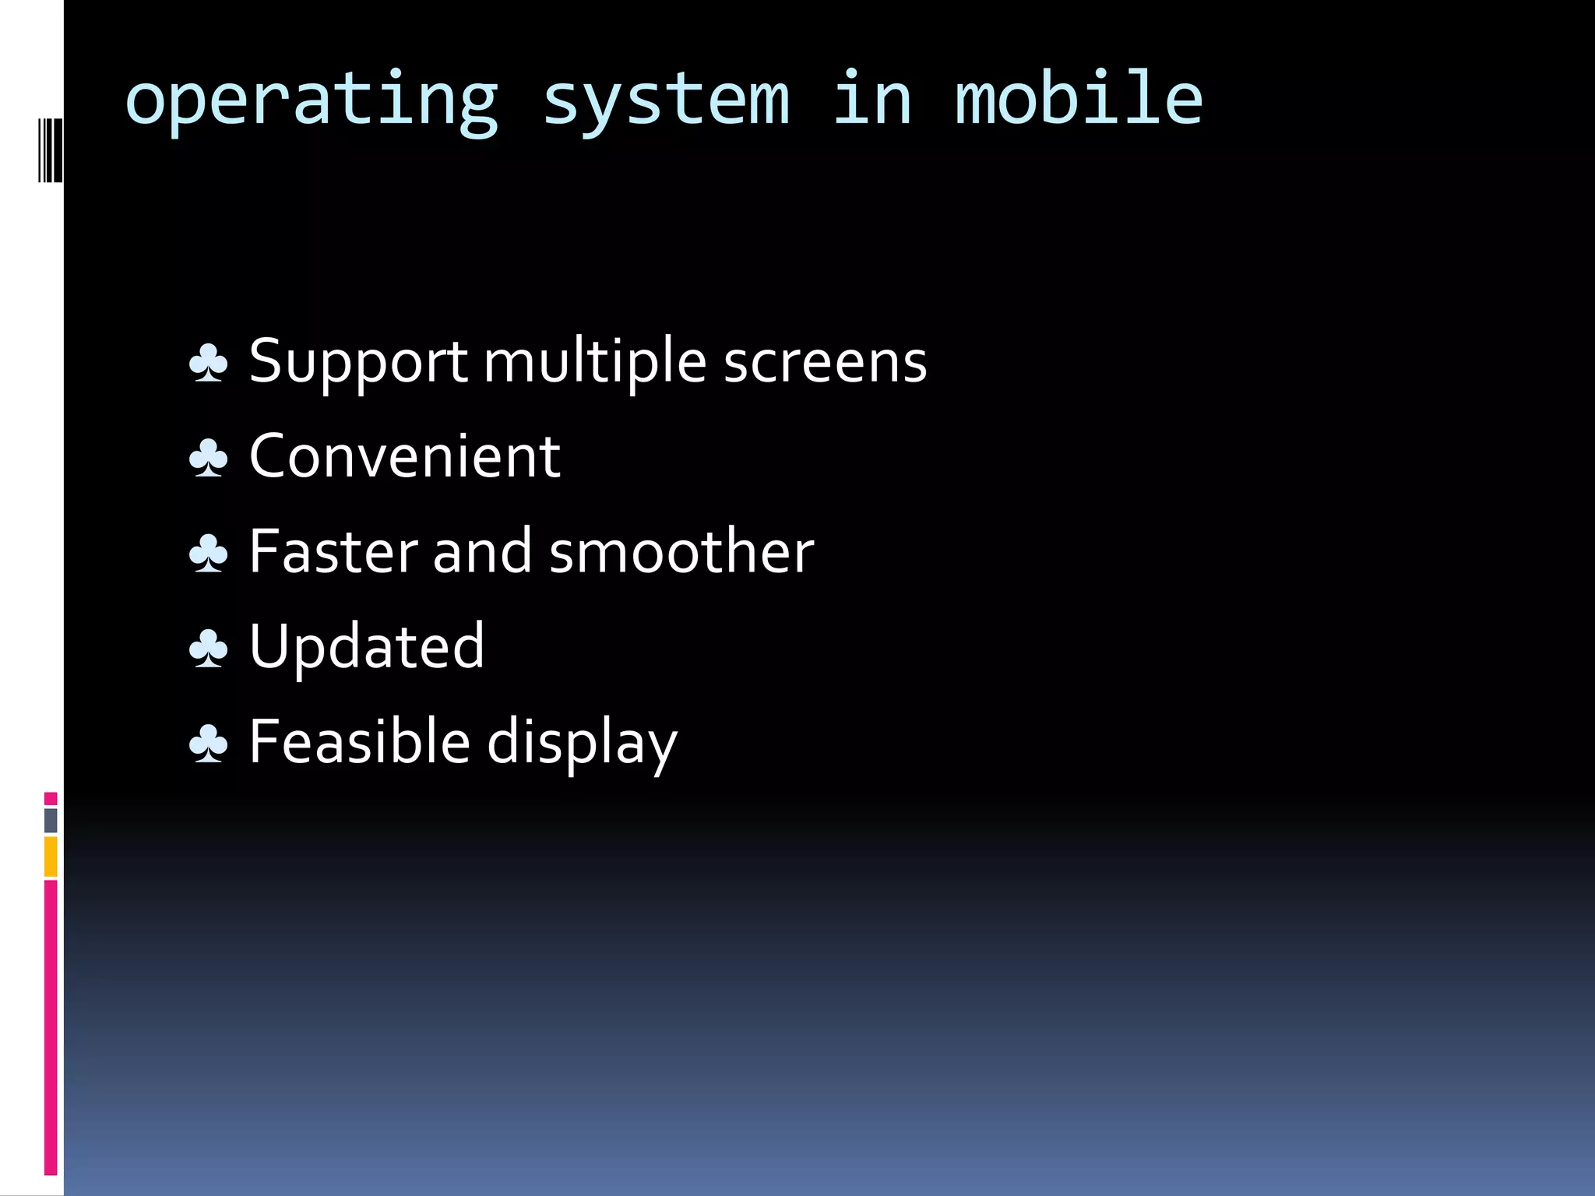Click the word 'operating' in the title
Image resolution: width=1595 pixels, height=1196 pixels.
point(312,101)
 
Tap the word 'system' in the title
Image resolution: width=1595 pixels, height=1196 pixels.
point(666,101)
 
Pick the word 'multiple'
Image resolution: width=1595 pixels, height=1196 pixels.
point(595,362)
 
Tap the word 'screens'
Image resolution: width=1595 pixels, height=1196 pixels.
point(825,362)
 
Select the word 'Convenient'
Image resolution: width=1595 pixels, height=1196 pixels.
point(404,456)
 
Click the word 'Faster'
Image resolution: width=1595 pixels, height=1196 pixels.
point(333,551)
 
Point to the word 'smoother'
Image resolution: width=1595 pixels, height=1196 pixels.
point(681,551)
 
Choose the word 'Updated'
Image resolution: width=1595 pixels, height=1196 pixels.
point(367,646)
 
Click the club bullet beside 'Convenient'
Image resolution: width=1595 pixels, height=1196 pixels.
point(209,458)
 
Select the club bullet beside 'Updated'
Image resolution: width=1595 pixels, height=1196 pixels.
point(209,648)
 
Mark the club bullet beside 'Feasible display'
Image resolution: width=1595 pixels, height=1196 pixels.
point(209,743)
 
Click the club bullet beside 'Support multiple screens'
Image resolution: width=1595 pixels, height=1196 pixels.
point(209,363)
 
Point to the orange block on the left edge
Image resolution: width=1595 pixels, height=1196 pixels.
point(51,857)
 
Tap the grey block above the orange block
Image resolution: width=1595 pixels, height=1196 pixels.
point(51,820)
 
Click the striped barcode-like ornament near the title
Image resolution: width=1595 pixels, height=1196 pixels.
point(51,149)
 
